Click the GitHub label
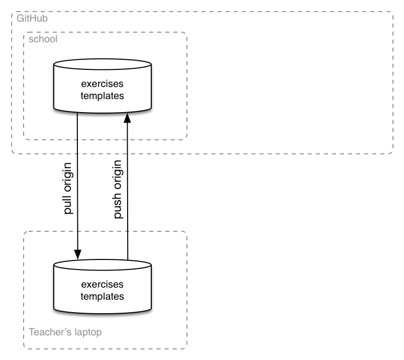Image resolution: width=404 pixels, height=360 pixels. click(32, 18)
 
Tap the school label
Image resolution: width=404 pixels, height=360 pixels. click(43, 39)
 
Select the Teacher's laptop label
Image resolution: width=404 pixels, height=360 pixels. click(65, 332)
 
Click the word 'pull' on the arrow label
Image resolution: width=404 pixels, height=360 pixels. click(67, 204)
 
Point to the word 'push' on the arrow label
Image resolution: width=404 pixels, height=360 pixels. click(118, 206)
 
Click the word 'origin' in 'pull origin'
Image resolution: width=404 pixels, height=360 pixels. click(67, 177)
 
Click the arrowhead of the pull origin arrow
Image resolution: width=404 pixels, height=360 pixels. click(77, 254)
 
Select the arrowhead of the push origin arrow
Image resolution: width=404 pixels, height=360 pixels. click(127, 118)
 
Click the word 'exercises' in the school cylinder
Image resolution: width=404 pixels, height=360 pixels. click(103, 84)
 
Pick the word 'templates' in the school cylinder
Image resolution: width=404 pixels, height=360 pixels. click(103, 96)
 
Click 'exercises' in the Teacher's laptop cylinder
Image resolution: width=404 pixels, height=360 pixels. click(103, 285)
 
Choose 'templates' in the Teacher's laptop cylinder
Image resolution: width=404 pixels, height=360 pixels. click(103, 297)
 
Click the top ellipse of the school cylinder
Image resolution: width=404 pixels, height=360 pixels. click(103, 59)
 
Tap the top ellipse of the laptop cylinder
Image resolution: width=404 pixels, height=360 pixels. click(103, 259)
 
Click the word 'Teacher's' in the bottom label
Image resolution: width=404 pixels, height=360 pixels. click(50, 332)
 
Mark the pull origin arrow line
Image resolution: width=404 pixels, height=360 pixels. click(77, 186)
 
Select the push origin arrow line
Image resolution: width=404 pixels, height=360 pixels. click(128, 187)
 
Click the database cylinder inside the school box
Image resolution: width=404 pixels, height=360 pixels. click(103, 86)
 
